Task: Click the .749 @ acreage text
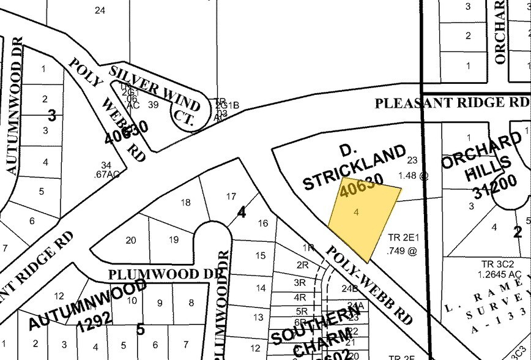[x=402, y=250]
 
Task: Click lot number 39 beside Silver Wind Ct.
[x=154, y=105]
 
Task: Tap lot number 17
[x=231, y=197]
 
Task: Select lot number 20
[x=130, y=240]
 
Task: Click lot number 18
[x=186, y=202]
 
